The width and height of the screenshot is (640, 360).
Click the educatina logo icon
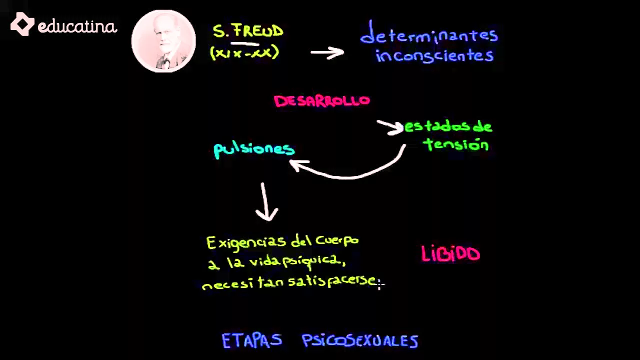22,24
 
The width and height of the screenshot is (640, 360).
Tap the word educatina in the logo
77,26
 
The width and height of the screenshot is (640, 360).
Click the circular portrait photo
163,41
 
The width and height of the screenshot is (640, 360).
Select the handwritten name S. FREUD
248,31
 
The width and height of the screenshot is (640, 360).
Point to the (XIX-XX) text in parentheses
244,52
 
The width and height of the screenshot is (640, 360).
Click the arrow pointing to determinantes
327,52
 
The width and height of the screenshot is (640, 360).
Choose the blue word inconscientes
434,55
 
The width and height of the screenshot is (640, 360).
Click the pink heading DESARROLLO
322,101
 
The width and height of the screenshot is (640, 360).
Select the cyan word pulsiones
254,149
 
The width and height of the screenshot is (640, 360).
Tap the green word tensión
455,144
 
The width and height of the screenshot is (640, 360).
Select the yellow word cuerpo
337,241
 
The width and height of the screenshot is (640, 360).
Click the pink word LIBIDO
450,254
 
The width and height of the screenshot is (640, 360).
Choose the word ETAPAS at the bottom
252,341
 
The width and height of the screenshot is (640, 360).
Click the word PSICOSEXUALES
360,341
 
